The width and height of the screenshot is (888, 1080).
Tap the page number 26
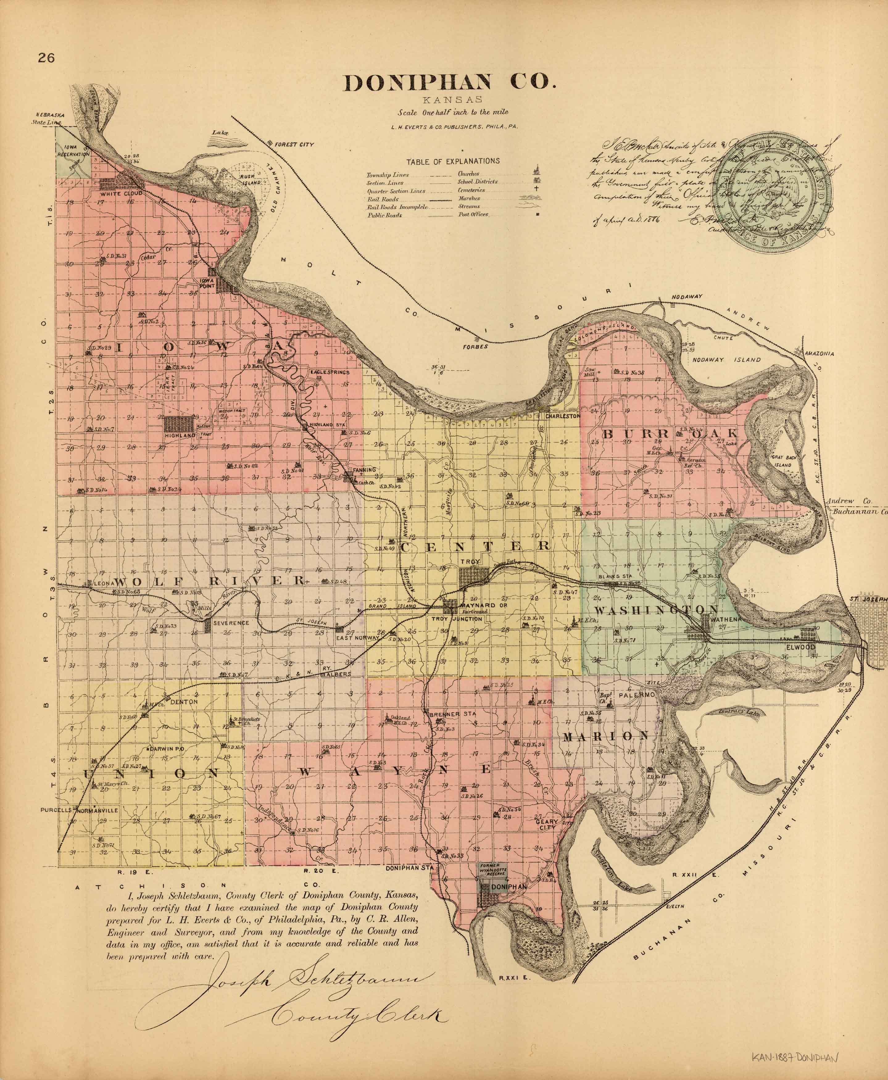[46, 58]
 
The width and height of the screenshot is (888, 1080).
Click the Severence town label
[231, 623]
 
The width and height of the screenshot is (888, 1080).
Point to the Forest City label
[294, 144]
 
